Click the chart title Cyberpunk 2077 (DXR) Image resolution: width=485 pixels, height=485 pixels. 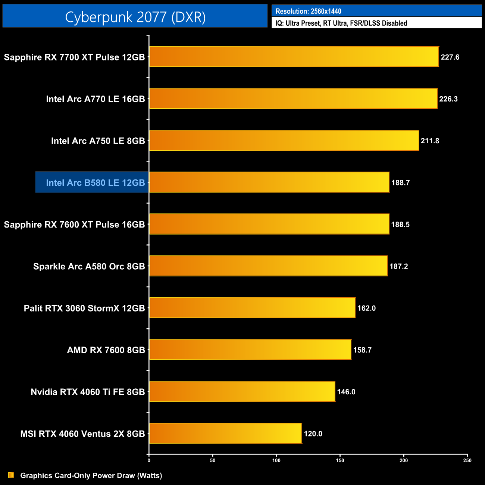tap(135, 17)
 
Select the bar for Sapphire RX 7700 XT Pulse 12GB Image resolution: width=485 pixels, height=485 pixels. tap(294, 57)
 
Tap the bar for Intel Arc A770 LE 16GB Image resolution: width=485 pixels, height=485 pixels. tap(293, 98)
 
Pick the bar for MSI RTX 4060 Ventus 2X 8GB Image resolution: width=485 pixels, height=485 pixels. tap(225, 433)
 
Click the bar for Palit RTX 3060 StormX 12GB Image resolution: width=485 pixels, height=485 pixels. tap(252, 308)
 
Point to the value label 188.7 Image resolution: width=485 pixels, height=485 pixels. tap(400, 182)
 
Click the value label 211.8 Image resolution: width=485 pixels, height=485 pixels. tap(430, 141)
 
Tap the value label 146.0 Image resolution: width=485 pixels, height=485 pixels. tap(346, 392)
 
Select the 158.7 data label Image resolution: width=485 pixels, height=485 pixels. tap(362, 350)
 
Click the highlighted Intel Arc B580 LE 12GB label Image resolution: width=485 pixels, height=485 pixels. tap(95, 182)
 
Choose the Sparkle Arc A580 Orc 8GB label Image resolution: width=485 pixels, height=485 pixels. tap(89, 266)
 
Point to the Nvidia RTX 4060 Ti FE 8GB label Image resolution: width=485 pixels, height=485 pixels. tap(88, 392)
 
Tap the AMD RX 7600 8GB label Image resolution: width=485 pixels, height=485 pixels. tap(106, 350)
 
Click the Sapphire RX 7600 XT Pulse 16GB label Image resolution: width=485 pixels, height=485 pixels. tap(74, 224)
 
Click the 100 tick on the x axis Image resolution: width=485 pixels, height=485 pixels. tap(276, 460)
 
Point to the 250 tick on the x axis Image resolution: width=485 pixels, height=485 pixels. tap(467, 460)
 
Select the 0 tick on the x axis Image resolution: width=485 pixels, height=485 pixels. tap(149, 460)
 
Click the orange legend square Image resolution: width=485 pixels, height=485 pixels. tap(11, 475)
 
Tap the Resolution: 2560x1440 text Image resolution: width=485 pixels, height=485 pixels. tap(308, 11)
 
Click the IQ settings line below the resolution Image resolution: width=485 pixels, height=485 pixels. tap(341, 23)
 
